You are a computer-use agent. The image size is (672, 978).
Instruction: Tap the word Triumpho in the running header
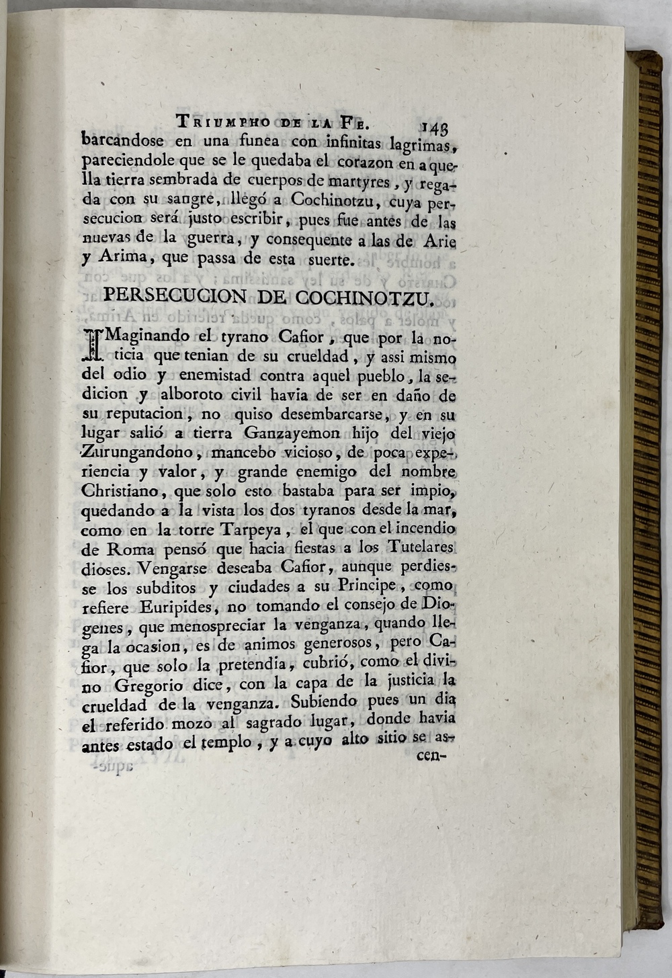point(222,122)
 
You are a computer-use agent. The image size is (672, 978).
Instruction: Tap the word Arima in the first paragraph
point(108,259)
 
